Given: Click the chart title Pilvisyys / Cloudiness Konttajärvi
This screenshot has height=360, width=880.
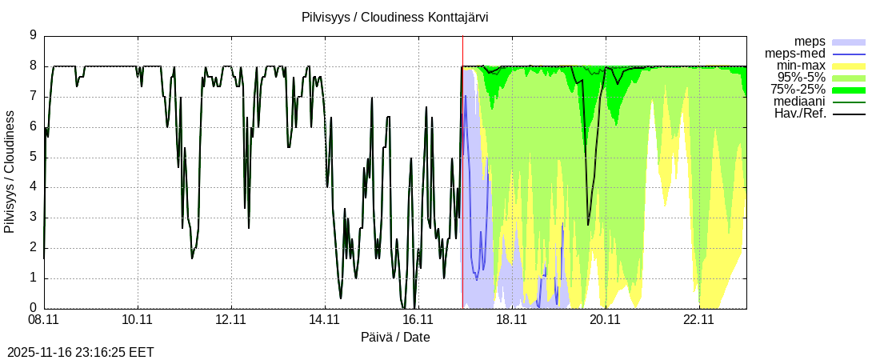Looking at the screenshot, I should point(395,17).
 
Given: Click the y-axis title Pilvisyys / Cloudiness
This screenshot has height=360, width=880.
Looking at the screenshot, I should point(10,172).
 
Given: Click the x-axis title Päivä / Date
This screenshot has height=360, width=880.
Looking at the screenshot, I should point(395,338).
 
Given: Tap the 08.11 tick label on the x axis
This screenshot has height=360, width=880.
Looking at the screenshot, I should point(44,320).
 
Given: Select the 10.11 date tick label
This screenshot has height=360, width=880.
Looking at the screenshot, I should point(138,320).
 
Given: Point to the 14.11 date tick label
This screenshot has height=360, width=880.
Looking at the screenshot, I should point(325,320).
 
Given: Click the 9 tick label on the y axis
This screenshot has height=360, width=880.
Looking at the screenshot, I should point(33,35).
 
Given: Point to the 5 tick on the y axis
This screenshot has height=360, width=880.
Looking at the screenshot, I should point(33,157).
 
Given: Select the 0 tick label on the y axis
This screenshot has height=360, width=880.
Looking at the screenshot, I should point(33,308).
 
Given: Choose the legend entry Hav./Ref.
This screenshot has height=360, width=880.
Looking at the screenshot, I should point(800,114).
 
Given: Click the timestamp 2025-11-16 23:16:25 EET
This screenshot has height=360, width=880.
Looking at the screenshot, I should point(80,352).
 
